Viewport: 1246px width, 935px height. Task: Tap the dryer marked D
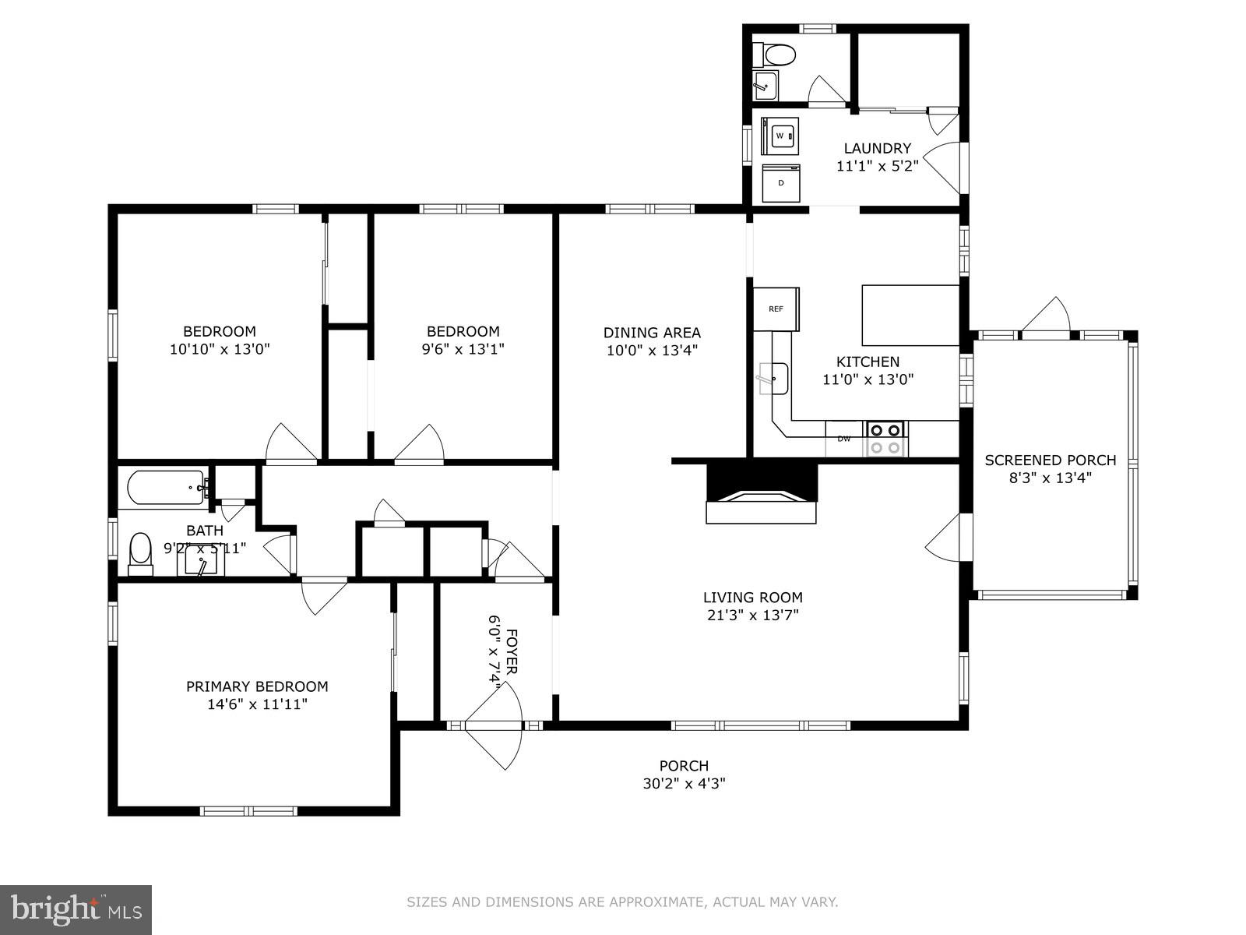780,183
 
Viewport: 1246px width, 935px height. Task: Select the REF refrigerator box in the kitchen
776,309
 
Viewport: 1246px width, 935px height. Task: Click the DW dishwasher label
844,439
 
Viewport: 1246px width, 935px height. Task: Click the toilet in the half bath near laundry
778,55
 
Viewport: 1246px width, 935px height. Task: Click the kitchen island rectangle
910,315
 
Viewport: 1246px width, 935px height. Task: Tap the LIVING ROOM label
752,598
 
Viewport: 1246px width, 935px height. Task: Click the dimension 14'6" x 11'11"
257,704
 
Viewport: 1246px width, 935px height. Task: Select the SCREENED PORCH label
1050,460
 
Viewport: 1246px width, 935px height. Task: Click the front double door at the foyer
494,725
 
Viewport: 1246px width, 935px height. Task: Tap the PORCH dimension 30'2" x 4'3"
684,784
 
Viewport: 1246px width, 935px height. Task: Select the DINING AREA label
652,333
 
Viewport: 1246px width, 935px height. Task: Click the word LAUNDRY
877,148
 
